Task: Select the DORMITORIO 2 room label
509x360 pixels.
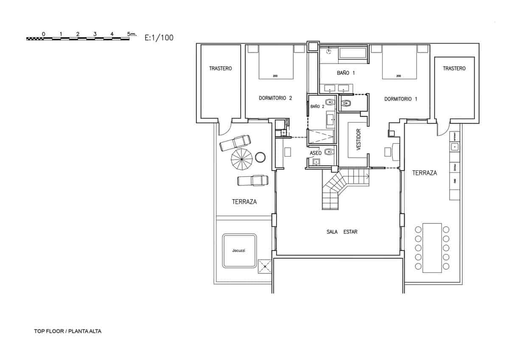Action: pos(275,98)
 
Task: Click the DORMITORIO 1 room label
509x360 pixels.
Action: pos(400,99)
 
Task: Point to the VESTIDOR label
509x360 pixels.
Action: pos(358,140)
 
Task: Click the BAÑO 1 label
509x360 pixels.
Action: pos(346,73)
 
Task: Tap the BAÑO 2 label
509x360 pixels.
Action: pos(317,106)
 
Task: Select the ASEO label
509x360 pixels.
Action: pos(316,152)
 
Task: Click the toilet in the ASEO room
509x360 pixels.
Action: pos(328,152)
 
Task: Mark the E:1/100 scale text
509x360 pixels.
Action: pos(159,38)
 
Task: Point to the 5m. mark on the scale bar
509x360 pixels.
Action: pos(132,34)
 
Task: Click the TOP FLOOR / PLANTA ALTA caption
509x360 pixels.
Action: pos(68,331)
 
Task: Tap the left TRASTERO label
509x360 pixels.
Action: pos(221,68)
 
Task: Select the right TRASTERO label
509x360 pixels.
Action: pos(454,68)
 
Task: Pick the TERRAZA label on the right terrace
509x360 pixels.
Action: pos(424,173)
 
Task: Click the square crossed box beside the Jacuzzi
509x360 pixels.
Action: pos(265,267)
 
